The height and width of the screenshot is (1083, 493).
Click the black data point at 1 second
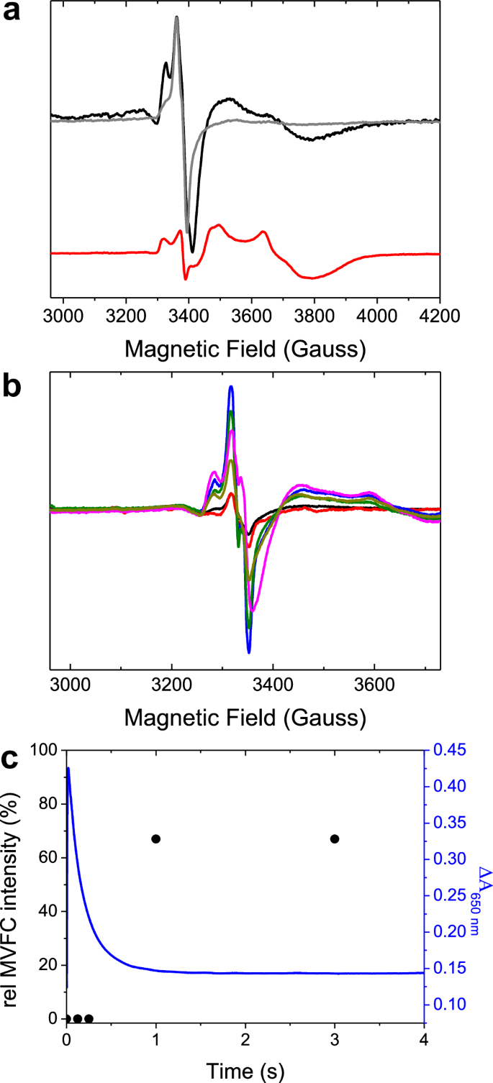click(x=155, y=838)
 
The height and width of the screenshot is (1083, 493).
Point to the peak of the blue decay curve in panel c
click(x=68, y=768)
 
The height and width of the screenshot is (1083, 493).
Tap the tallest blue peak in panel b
click(x=231, y=387)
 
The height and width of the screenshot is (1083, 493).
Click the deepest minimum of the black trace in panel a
click(x=192, y=252)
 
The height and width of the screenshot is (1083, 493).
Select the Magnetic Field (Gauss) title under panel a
click(x=245, y=349)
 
